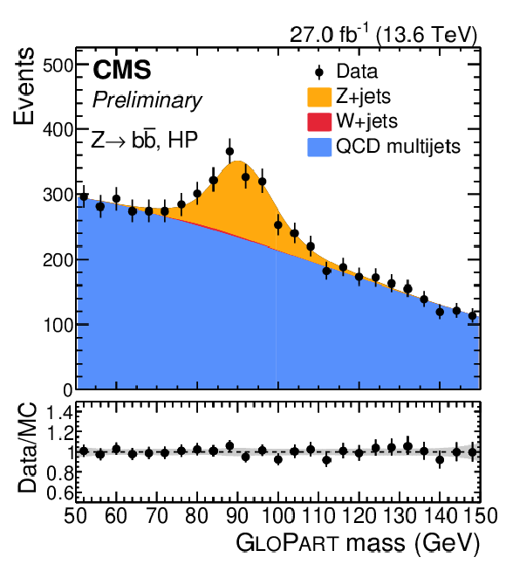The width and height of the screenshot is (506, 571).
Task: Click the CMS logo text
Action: [x=122, y=70]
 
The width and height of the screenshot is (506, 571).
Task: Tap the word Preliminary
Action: [x=147, y=100]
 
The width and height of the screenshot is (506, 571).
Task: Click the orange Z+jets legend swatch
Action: [x=319, y=97]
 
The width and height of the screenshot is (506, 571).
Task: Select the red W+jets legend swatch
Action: [x=319, y=121]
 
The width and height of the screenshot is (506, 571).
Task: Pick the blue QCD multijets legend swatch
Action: [x=319, y=148]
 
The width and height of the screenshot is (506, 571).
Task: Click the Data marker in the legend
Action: [x=319, y=72]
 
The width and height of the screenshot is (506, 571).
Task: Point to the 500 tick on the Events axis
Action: [x=58, y=65]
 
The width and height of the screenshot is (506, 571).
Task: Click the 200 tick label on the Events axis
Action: [x=58, y=260]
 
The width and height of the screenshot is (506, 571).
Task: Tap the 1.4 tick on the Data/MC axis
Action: [x=60, y=413]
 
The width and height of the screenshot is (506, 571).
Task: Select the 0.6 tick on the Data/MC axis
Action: [x=60, y=493]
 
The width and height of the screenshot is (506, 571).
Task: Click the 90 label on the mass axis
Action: [x=237, y=516]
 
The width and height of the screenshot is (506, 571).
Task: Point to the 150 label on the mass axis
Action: [x=480, y=516]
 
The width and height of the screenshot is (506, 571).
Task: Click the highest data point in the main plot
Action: [x=229, y=151]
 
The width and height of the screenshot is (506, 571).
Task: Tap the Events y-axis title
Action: [x=24, y=86]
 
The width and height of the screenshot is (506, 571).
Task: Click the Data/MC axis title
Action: [x=28, y=448]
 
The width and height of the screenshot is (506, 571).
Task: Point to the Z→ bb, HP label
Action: [x=145, y=139]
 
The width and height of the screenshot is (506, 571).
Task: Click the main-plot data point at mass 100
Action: [x=278, y=225]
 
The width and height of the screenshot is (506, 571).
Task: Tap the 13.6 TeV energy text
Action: [x=427, y=35]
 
